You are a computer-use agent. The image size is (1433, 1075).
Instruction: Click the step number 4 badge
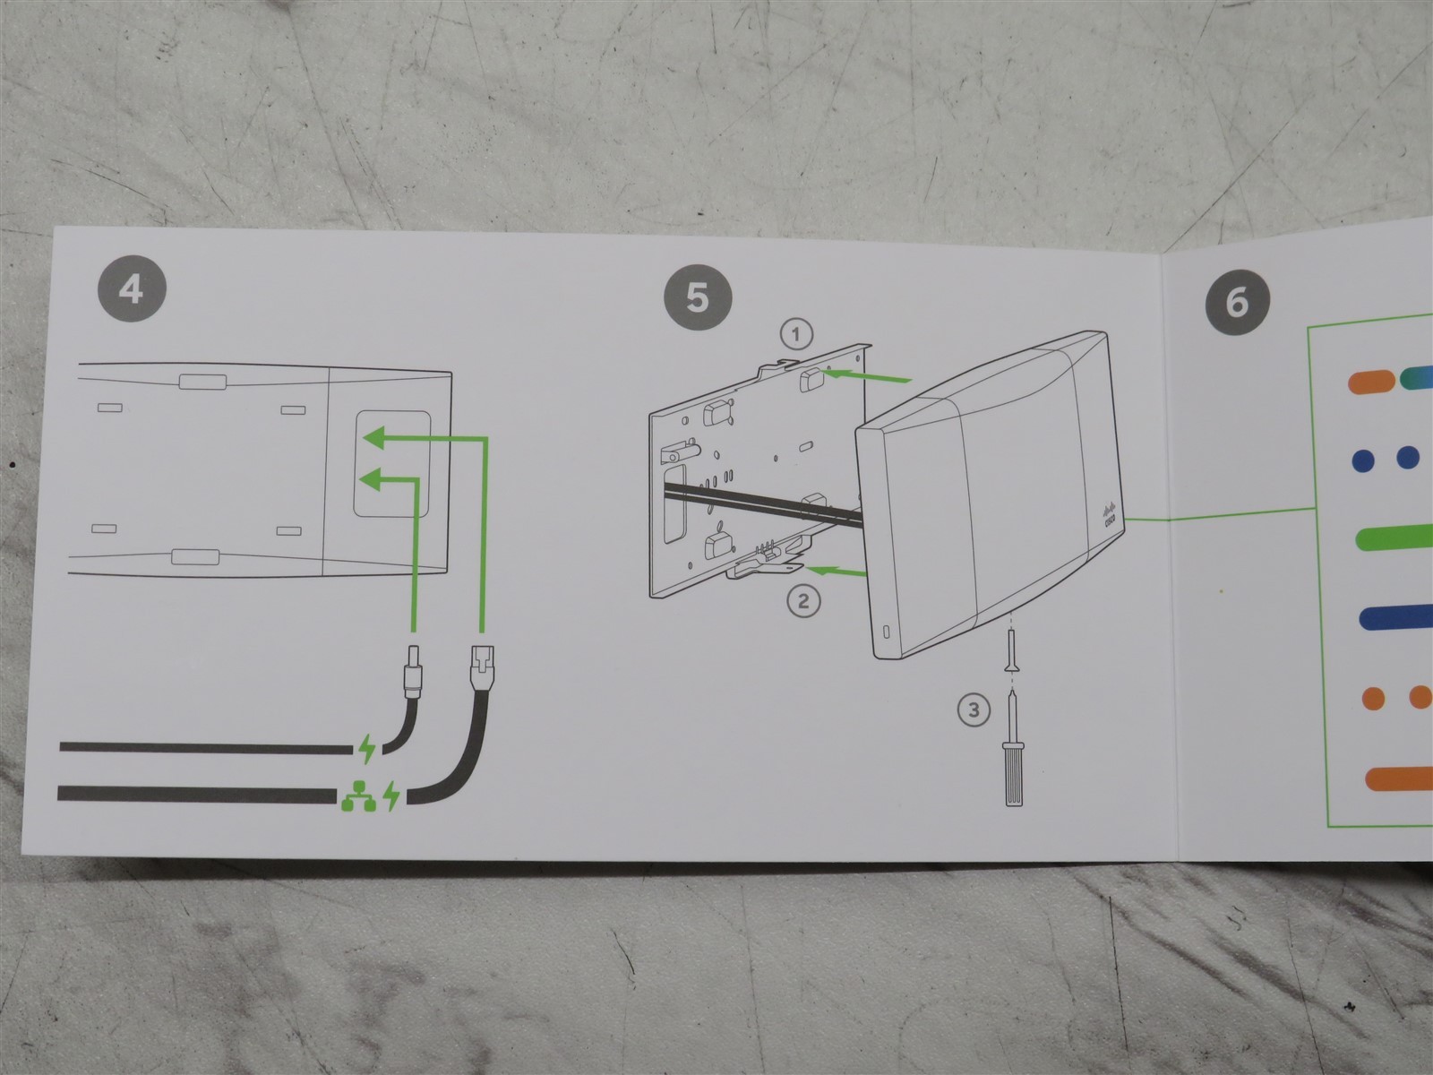131,288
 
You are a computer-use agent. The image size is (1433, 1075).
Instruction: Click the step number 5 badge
697,297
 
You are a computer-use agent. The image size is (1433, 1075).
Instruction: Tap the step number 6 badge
1236,302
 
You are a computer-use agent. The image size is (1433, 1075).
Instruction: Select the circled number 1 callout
796,335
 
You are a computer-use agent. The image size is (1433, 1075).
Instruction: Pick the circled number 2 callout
803,600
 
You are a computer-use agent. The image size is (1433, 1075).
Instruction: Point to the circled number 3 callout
974,711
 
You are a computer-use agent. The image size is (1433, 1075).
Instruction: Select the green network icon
355,795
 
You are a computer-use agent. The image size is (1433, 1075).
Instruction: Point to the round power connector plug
414,667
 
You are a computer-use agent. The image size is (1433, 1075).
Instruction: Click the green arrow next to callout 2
834,567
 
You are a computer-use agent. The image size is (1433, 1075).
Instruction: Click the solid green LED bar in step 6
1393,538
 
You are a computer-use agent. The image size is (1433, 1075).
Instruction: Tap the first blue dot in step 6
1362,459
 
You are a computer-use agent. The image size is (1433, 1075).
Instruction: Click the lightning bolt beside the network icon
392,795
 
